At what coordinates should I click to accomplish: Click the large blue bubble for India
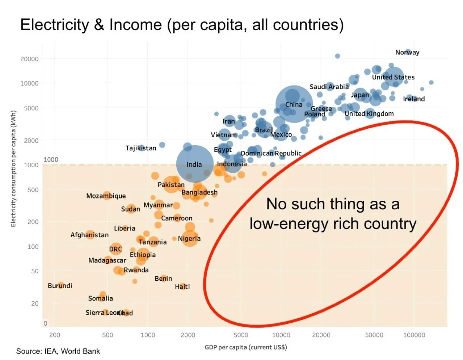pyautogui.click(x=195, y=164)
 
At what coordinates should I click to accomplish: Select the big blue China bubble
pyautogui.click(x=294, y=104)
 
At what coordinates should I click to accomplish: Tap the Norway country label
pyautogui.click(x=407, y=52)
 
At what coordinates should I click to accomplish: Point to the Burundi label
pyautogui.click(x=60, y=286)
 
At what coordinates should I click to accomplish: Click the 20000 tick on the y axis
pyautogui.click(x=29, y=59)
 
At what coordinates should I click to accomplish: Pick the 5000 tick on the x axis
pyautogui.click(x=241, y=335)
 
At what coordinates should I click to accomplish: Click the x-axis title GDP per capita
pyautogui.click(x=246, y=347)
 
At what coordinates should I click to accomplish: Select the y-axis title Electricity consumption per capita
pyautogui.click(x=13, y=169)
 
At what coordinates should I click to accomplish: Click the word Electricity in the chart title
pyautogui.click(x=54, y=25)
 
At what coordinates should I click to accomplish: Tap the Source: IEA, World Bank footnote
pyautogui.click(x=58, y=351)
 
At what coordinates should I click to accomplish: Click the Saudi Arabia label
pyautogui.click(x=329, y=87)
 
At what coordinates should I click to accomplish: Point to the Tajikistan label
pyautogui.click(x=141, y=148)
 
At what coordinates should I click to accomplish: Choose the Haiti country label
pyautogui.click(x=182, y=287)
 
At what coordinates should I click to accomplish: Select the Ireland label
pyautogui.click(x=414, y=99)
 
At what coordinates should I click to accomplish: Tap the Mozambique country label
pyautogui.click(x=106, y=196)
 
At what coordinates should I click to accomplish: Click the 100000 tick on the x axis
pyautogui.click(x=414, y=335)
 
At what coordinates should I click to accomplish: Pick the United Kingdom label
pyautogui.click(x=369, y=114)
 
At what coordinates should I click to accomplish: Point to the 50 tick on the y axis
pyautogui.click(x=35, y=271)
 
